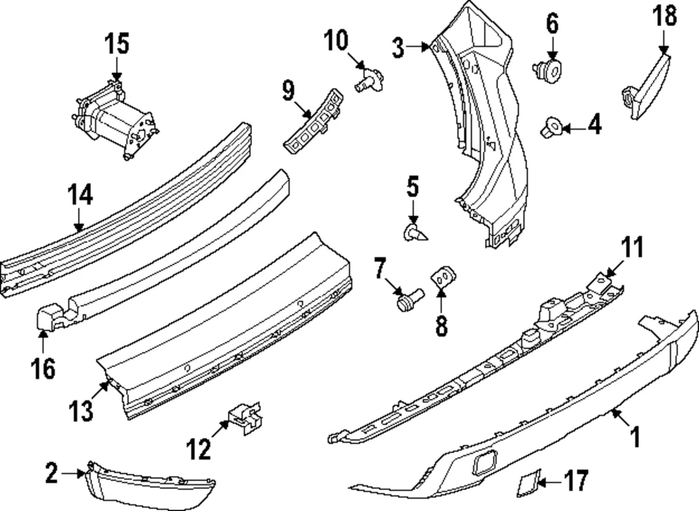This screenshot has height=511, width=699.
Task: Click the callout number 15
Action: [116, 44]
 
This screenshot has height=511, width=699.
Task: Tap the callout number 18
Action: [663, 16]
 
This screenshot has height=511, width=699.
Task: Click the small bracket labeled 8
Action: [443, 277]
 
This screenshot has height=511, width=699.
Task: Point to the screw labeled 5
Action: [414, 234]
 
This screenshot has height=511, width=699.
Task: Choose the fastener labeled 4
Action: [550, 130]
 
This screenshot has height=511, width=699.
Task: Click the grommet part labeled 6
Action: [549, 70]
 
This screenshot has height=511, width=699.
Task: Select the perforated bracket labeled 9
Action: [313, 123]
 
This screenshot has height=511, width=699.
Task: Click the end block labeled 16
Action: [50, 318]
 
